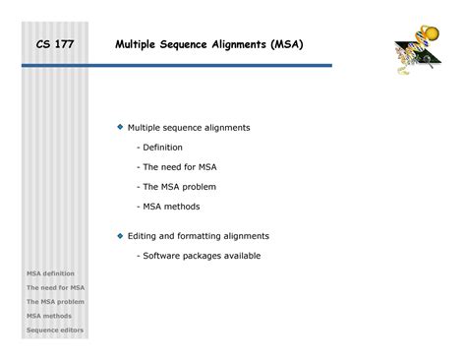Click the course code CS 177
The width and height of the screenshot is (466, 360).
[55, 45]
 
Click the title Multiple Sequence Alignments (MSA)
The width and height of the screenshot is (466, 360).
[208, 45]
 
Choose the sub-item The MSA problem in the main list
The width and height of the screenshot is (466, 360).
[179, 187]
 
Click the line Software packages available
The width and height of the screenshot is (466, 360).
[201, 256]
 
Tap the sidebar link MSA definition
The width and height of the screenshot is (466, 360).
[50, 272]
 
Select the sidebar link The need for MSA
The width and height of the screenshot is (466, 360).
[55, 287]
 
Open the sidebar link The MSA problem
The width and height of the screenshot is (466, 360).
[55, 302]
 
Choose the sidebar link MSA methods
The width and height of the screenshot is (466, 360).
[48, 317]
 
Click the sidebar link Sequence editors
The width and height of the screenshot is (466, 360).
[54, 331]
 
